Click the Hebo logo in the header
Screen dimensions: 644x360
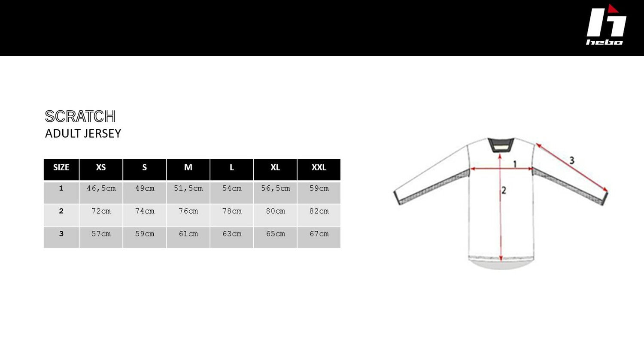(x=606, y=25)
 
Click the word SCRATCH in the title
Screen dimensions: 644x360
(x=80, y=116)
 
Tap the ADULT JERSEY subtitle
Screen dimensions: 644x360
(x=83, y=133)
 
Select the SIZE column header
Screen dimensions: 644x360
(x=61, y=167)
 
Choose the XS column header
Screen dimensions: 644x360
(x=101, y=167)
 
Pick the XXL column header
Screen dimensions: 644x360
(x=319, y=167)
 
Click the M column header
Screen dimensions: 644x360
(x=188, y=167)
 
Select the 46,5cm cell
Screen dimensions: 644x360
(x=101, y=188)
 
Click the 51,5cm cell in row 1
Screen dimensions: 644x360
(x=188, y=188)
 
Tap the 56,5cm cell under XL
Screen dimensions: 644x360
(x=276, y=188)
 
